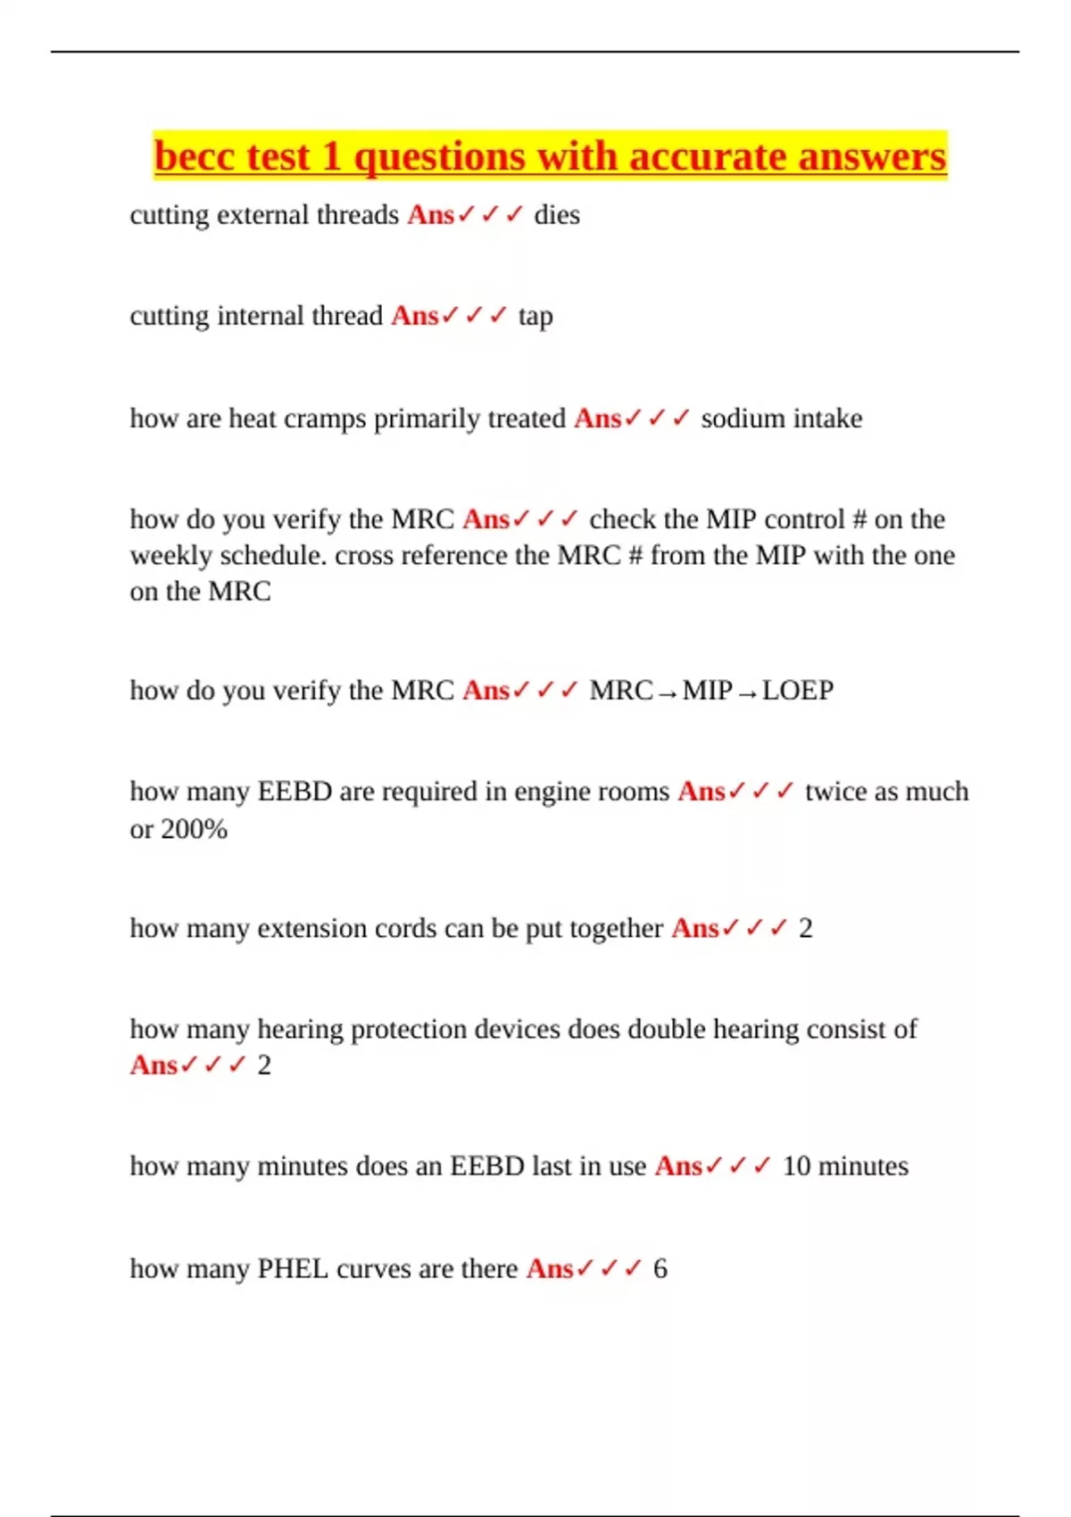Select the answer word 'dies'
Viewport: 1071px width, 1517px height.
coord(557,215)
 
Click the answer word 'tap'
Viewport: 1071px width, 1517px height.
coord(535,317)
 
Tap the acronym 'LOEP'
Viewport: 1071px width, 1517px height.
coord(798,691)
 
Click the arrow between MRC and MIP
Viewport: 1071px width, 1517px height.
coord(667,692)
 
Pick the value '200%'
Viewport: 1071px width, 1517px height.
coord(193,830)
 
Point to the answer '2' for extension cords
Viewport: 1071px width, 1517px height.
coord(805,929)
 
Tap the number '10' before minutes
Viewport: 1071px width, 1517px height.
coord(795,1166)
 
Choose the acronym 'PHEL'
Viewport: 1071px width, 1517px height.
coord(293,1269)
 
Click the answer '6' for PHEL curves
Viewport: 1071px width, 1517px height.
coord(660,1269)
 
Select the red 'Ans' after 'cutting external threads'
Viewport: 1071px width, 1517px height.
coord(431,215)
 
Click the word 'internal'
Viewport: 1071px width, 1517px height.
coord(255,317)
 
